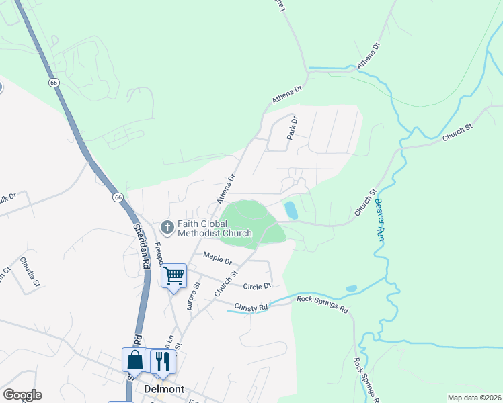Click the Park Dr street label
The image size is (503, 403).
[x=292, y=127]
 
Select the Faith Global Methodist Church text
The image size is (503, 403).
[x=215, y=229]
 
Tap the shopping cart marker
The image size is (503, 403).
[x=174, y=276]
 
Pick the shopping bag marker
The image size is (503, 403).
[x=134, y=361]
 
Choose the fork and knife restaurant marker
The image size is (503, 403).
[x=162, y=361]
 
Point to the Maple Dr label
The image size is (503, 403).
[x=217, y=258]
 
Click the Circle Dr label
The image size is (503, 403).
[x=257, y=285]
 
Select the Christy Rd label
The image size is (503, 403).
[x=251, y=307]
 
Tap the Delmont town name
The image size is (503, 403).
[x=164, y=389]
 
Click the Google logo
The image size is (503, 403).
[x=22, y=395]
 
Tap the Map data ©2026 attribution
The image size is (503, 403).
[x=474, y=398]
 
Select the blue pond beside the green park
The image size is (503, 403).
[x=291, y=210]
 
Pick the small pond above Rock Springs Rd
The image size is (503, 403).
[x=351, y=289]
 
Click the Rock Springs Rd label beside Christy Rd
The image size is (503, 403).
[x=322, y=304]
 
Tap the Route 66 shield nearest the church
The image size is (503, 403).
[x=118, y=197]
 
